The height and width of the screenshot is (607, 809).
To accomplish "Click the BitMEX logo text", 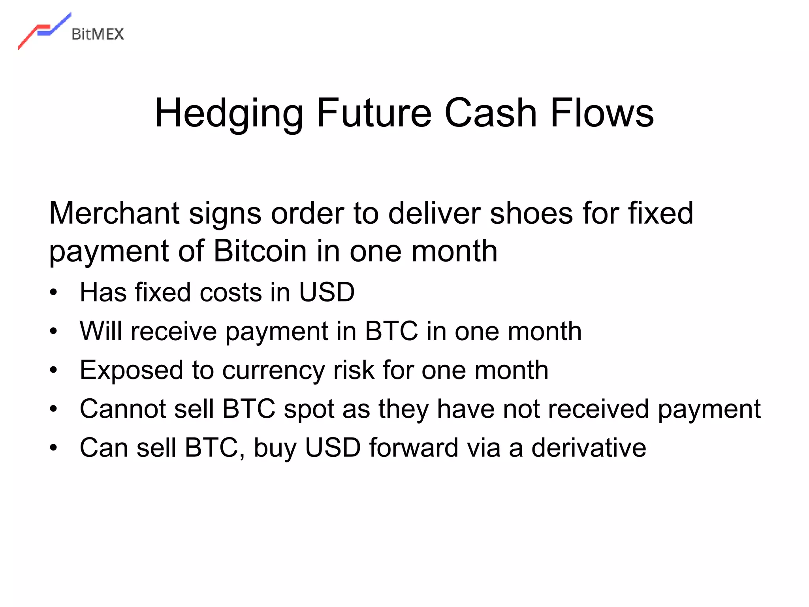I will pyautogui.click(x=98, y=34).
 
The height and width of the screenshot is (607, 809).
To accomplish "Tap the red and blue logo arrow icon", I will pyautogui.click(x=44, y=31).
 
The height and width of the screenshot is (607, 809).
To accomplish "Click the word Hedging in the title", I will pyautogui.click(x=229, y=114).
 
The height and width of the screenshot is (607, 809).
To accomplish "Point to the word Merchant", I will pyautogui.click(x=114, y=213).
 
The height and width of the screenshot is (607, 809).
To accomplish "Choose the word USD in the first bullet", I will pyautogui.click(x=326, y=292).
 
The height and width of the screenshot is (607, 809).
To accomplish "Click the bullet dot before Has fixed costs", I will pyautogui.click(x=54, y=293).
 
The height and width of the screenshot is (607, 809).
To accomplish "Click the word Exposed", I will pyautogui.click(x=132, y=370).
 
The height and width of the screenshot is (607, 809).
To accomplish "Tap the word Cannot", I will pyautogui.click(x=122, y=409).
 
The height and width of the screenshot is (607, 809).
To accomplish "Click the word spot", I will pyautogui.click(x=309, y=409).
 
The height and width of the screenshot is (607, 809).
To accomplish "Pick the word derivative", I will pyautogui.click(x=589, y=448).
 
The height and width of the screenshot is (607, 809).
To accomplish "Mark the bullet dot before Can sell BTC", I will pyautogui.click(x=54, y=448).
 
